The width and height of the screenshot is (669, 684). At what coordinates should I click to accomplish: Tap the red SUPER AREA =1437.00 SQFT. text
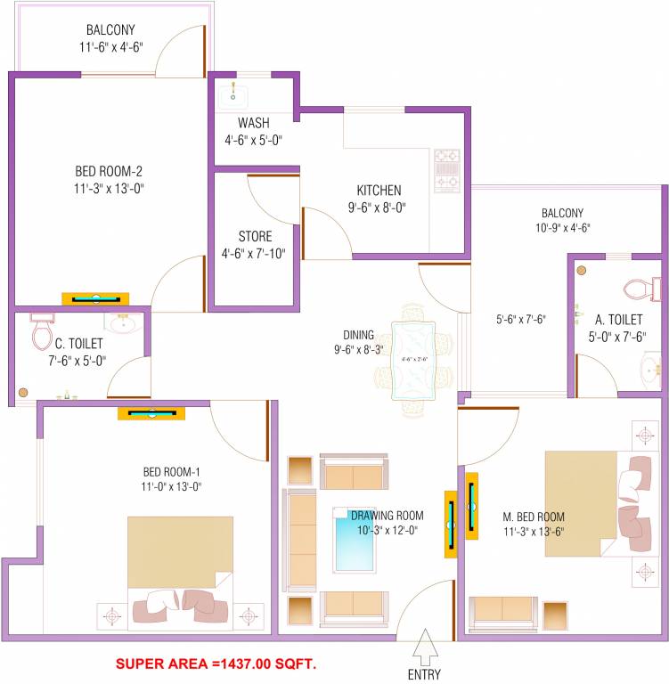point(216,664)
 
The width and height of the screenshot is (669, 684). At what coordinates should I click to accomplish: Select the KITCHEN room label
point(379,191)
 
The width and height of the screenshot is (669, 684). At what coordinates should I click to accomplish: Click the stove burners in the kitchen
point(445,170)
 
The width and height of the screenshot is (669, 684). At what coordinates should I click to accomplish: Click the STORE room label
point(255,237)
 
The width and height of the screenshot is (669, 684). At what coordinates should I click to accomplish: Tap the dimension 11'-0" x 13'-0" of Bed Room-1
point(172,486)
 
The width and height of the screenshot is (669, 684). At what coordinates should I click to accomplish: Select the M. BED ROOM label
point(533,517)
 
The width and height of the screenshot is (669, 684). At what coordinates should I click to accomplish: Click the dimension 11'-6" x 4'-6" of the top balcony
point(110,45)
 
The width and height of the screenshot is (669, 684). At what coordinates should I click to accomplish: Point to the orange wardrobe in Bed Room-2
point(95,299)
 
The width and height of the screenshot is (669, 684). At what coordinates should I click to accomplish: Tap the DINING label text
point(358,335)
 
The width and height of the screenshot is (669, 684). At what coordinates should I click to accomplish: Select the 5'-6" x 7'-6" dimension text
point(521,320)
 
